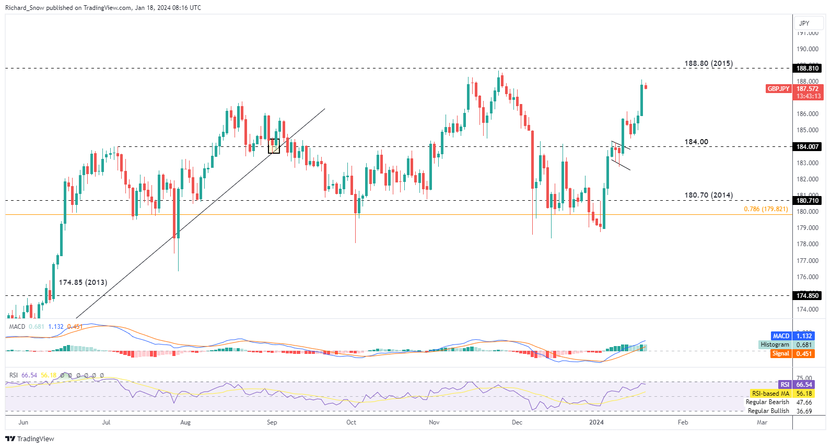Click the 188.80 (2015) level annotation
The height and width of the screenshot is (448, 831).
[708, 63]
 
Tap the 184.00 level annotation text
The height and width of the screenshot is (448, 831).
[696, 142]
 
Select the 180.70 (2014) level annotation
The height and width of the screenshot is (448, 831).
[708, 195]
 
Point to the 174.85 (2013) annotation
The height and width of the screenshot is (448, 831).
[83, 282]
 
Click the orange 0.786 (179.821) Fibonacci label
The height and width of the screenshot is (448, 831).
[766, 209]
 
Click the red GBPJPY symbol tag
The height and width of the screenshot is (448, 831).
[778, 89]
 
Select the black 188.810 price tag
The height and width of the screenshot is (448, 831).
[807, 68]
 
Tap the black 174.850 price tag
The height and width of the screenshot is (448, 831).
[807, 296]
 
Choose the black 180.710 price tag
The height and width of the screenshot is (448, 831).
[807, 201]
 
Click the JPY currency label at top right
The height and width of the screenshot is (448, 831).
[804, 23]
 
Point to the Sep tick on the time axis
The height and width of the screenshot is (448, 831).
[272, 422]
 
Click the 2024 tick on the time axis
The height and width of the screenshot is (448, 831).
[596, 422]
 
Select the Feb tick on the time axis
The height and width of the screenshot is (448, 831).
[683, 422]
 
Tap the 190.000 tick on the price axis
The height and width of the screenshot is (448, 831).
[807, 49]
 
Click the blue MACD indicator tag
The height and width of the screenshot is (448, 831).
[781, 336]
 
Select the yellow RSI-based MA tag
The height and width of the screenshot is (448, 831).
[770, 394]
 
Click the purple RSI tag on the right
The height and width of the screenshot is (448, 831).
[785, 385]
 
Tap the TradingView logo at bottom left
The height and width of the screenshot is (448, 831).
[30, 439]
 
